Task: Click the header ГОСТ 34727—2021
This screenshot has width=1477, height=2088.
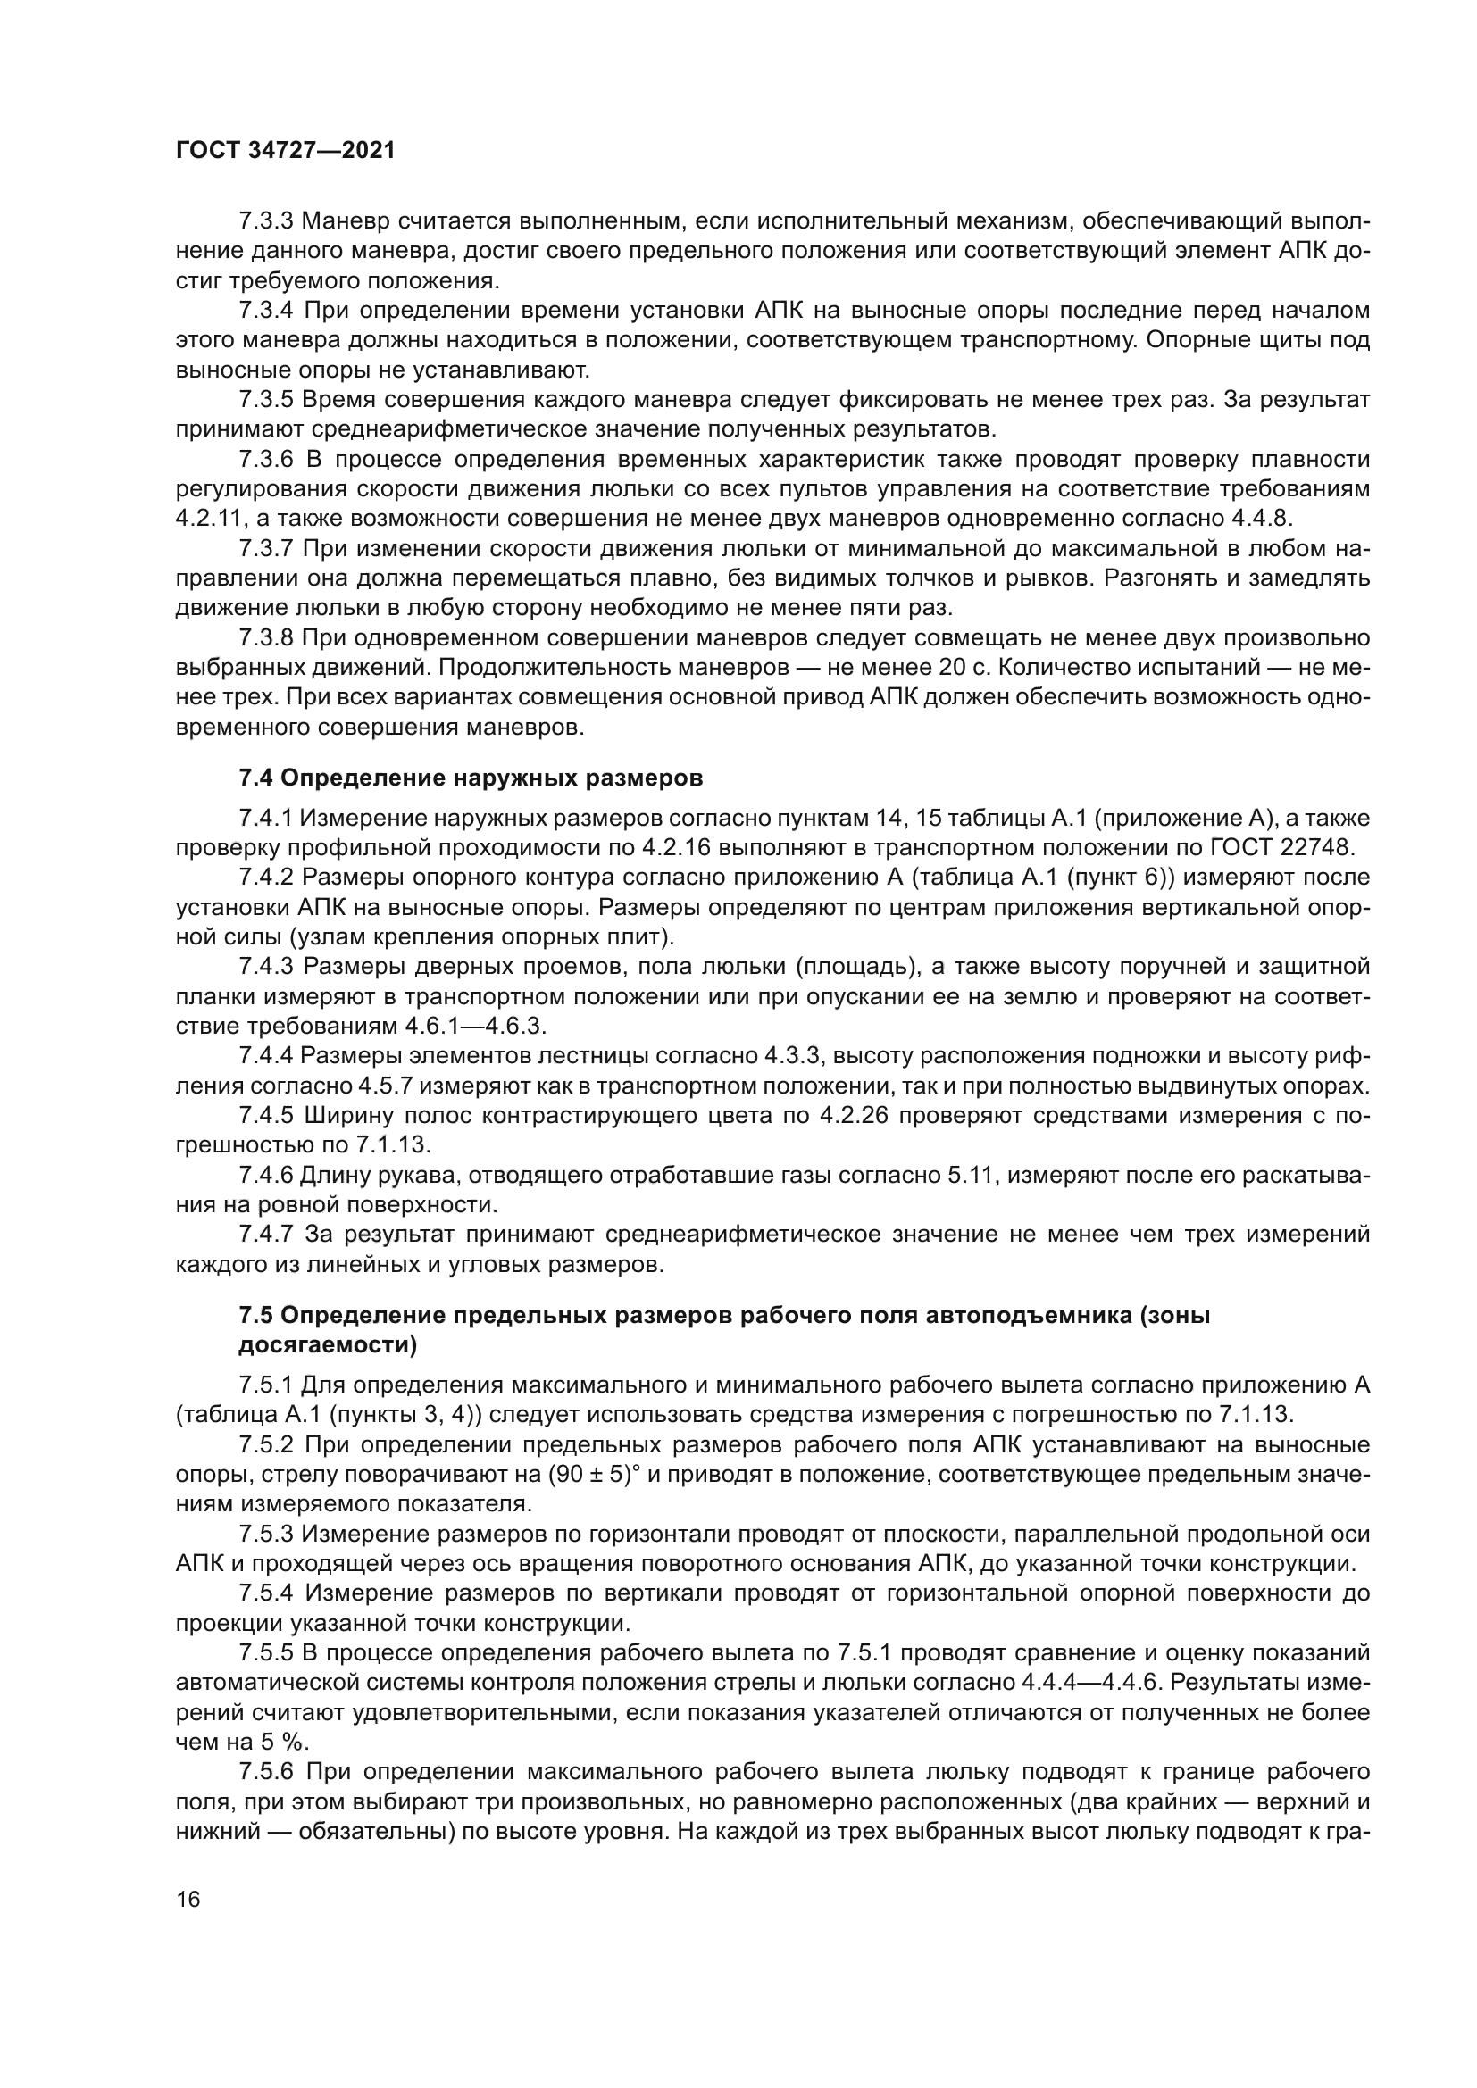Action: click(286, 151)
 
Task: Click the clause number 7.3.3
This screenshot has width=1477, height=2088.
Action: click(265, 221)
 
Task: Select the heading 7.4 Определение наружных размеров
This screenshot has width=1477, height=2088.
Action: click(471, 778)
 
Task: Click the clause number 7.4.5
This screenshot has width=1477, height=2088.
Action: click(265, 1116)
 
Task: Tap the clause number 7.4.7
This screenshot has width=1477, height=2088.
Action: click(265, 1235)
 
